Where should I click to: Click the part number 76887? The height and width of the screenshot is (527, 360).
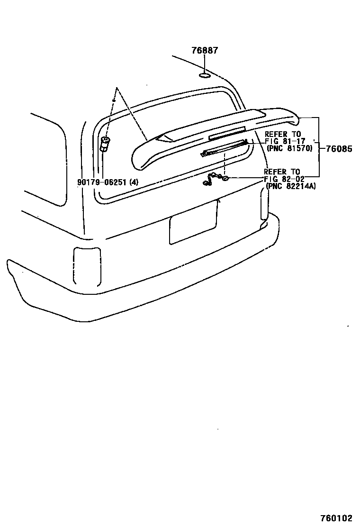[x=205, y=51]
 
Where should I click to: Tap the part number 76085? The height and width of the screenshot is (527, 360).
[x=339, y=149]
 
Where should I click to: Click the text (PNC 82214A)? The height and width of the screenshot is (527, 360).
[x=291, y=186]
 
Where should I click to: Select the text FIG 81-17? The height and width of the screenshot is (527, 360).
[x=285, y=142]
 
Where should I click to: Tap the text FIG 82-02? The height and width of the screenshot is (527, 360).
[x=284, y=179]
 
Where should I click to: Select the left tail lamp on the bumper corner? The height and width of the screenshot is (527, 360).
[x=87, y=266]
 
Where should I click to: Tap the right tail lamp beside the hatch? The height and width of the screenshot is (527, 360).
[x=264, y=203]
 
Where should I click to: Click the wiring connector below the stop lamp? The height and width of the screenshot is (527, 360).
[x=216, y=179]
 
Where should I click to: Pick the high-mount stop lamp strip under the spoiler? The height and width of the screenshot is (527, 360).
[x=224, y=148]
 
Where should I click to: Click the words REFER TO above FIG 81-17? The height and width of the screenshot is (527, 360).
[x=282, y=135]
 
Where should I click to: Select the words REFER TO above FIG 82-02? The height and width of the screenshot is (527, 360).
[x=282, y=172]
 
